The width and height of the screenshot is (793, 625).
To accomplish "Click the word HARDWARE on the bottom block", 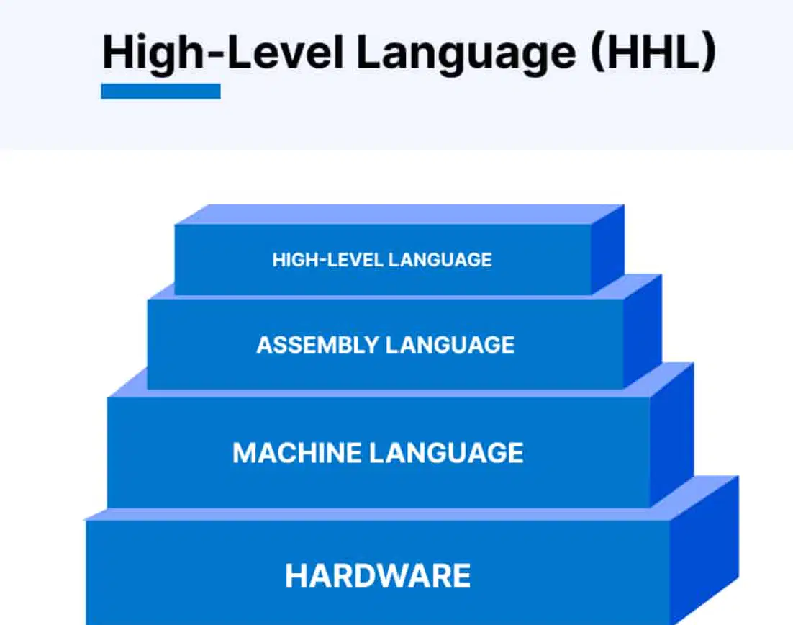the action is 378,575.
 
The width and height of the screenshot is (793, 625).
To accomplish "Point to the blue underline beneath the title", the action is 160,91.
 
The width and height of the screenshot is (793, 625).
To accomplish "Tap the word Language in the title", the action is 466,54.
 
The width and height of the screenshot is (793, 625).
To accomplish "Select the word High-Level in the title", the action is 223,54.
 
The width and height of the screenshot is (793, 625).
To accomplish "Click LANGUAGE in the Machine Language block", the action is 447,452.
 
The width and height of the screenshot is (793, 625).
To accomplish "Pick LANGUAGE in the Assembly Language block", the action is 450,345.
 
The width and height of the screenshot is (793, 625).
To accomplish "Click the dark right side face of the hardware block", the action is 704,552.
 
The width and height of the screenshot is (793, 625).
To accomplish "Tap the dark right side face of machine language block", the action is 671,434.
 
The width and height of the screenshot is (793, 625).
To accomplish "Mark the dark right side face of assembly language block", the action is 643,331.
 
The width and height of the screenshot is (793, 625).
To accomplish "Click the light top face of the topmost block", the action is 399,215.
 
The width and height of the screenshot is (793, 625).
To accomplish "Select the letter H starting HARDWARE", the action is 295,575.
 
